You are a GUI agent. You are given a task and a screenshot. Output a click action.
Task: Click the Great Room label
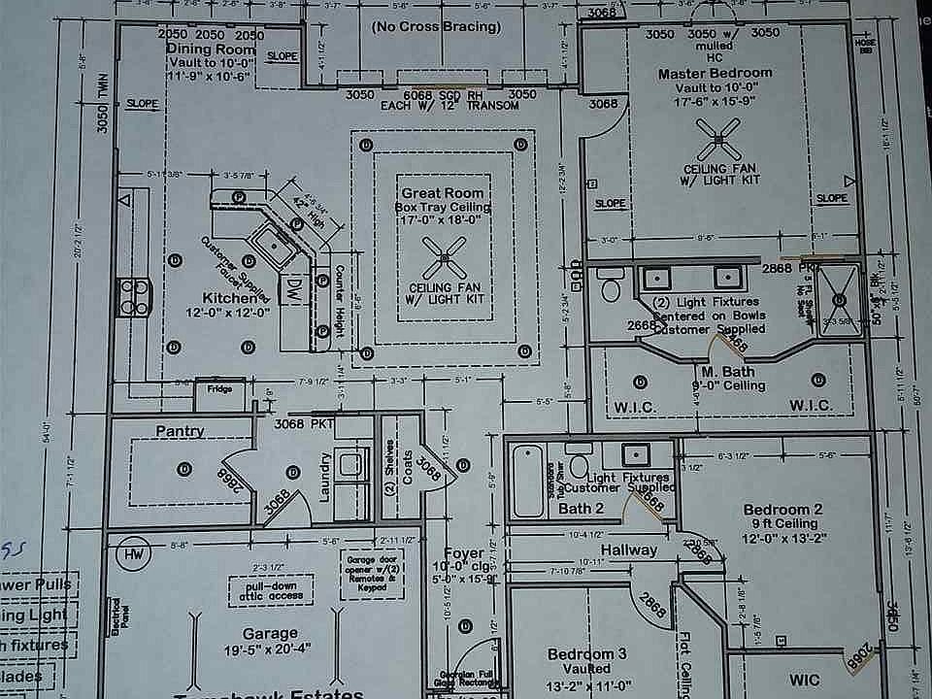(x=442, y=193)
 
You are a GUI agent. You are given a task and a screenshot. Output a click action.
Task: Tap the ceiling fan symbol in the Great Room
(x=443, y=258)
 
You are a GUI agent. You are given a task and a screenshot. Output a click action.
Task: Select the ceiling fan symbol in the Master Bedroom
(x=719, y=141)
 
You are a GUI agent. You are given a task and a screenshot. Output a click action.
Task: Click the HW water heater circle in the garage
(x=130, y=554)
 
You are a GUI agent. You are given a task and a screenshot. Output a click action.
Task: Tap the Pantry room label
(x=180, y=431)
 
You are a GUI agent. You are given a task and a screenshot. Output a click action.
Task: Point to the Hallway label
(x=628, y=549)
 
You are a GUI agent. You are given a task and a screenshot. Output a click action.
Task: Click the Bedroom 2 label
(x=782, y=510)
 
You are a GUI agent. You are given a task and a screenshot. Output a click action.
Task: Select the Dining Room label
(x=210, y=49)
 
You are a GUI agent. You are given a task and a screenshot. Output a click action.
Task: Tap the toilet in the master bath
(x=611, y=287)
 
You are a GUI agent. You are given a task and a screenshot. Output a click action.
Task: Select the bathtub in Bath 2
(x=528, y=481)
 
